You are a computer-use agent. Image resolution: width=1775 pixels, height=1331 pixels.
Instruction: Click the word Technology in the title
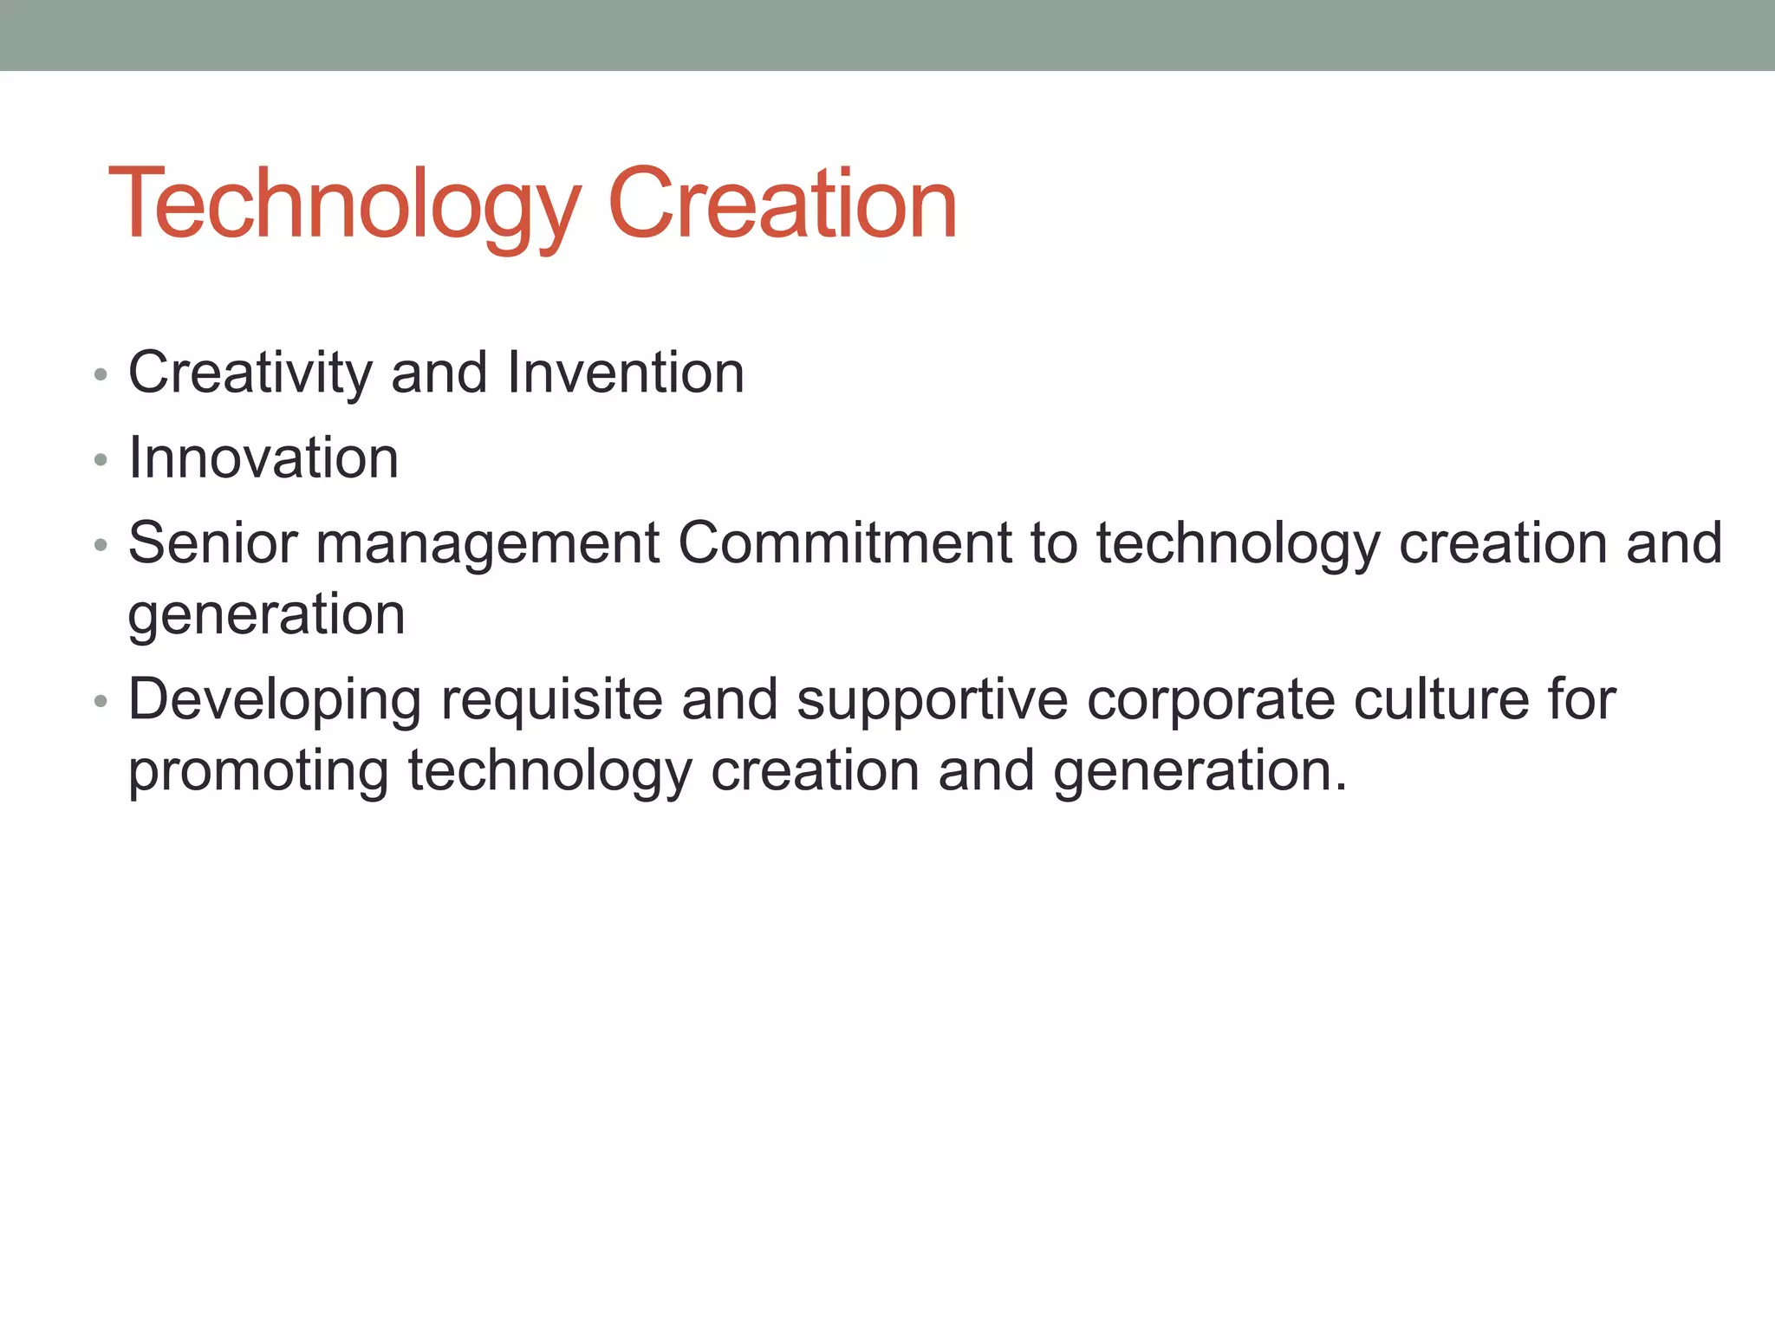[x=342, y=204]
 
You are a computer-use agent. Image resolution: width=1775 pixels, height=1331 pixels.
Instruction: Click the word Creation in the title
[x=782, y=204]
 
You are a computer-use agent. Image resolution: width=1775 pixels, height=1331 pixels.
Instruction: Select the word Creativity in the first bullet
[x=250, y=373]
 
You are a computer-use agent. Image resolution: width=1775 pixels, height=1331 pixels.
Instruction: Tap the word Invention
[x=625, y=373]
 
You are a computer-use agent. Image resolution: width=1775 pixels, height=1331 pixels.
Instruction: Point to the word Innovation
[x=263, y=458]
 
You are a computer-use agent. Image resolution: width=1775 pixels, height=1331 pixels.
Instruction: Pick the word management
[x=488, y=543]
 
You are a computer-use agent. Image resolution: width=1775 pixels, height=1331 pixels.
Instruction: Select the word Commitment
[x=844, y=543]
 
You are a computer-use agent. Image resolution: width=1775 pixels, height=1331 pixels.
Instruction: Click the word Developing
[x=275, y=700]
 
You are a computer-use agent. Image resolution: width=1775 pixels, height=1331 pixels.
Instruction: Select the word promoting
[x=258, y=771]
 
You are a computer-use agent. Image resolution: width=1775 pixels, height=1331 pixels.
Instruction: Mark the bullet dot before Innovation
[x=101, y=460]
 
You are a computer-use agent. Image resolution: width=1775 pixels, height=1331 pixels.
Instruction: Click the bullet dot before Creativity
[x=101, y=375]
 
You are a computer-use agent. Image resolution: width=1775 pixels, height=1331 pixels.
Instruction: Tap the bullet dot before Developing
[x=101, y=701]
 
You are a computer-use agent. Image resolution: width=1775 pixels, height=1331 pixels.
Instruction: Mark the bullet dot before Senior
[x=101, y=545]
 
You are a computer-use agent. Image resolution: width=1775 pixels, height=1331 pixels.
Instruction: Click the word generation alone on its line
[x=266, y=615]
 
